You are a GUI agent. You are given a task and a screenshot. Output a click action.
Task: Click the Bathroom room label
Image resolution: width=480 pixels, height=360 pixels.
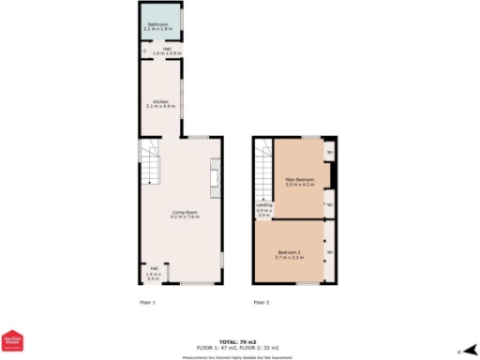coord(157,25)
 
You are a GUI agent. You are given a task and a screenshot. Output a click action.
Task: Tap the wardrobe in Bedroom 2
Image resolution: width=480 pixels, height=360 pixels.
coord(329,252)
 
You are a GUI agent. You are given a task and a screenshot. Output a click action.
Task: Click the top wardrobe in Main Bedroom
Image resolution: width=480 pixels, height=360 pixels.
coord(329,150)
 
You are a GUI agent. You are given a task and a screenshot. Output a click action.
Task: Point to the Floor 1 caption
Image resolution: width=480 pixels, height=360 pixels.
coord(147,303)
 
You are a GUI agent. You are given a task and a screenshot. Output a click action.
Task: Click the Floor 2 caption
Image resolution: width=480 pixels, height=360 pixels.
coord(262,303)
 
